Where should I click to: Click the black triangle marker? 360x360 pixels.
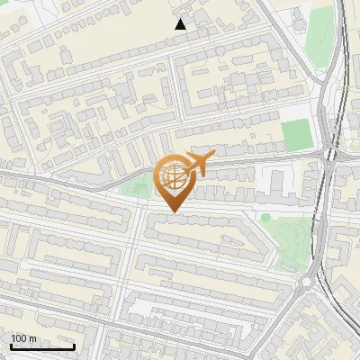click(180, 24)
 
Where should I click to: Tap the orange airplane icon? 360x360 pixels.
click(199, 164)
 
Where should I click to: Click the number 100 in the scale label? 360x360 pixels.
click(18, 338)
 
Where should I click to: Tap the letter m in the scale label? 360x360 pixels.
click(32, 338)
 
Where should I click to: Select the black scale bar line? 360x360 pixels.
click(42, 347)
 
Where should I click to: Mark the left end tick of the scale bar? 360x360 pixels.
click(11, 346)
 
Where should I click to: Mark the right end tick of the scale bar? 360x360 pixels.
click(74, 346)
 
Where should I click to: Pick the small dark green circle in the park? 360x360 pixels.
click(265, 217)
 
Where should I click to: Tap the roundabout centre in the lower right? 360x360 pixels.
click(316, 281)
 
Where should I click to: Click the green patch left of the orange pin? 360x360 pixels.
click(135, 188)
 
